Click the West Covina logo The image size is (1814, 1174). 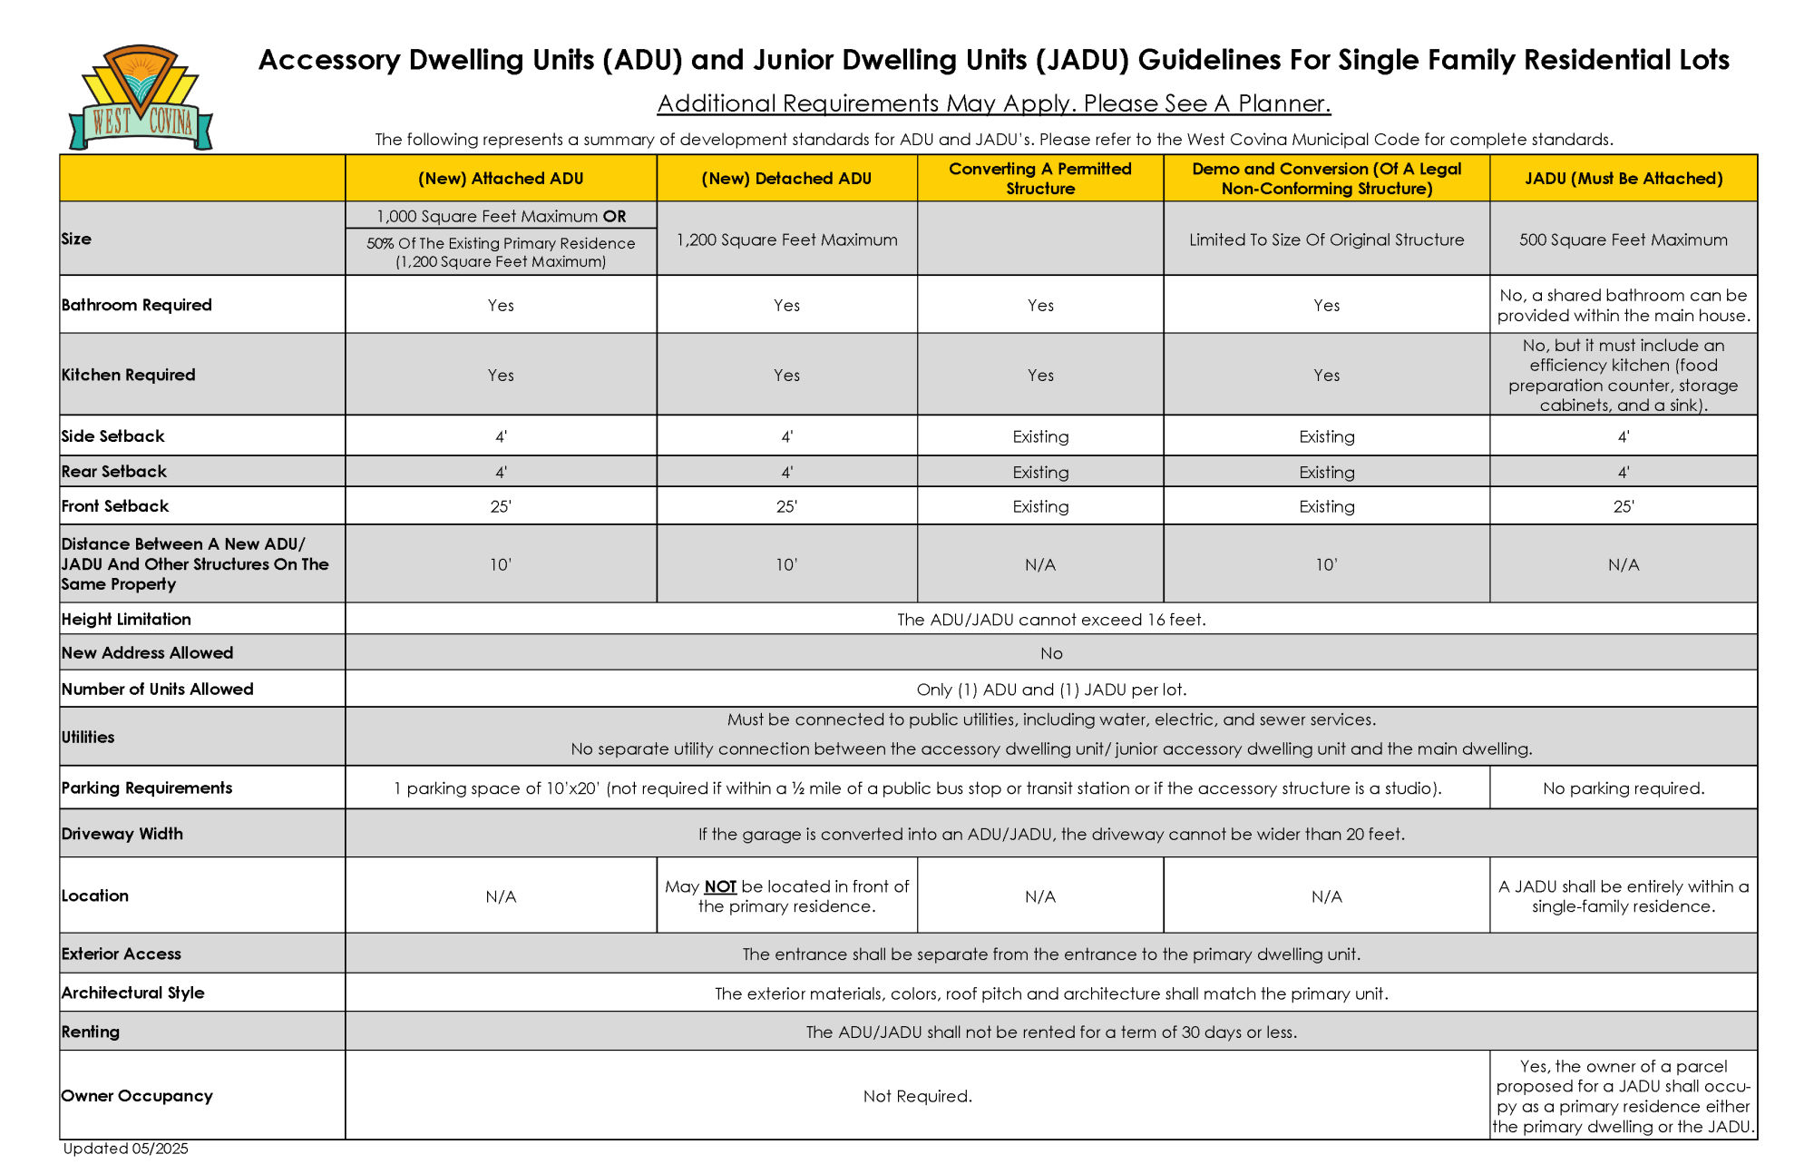141,98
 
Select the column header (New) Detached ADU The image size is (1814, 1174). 786,179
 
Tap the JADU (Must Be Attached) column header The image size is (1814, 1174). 1623,179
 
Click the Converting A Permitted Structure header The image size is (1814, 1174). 1039,179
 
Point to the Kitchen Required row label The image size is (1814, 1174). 129,375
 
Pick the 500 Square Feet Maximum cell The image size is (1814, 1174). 1623,240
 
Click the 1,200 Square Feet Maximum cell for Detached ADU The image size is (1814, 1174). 786,240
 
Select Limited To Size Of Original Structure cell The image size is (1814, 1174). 1326,240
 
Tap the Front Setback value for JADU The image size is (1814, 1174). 1623,506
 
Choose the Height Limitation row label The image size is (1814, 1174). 126,619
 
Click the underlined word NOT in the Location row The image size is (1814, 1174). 720,886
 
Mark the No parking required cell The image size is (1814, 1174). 1623,788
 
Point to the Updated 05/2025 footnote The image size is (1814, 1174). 126,1149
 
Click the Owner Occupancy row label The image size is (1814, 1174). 137,1095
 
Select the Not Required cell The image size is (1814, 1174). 917,1096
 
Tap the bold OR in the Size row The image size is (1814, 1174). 614,216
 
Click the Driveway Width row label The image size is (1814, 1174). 122,834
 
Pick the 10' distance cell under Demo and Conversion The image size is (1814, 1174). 1326,564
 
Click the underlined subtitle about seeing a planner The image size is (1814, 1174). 993,103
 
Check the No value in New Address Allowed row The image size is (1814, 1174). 1051,653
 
